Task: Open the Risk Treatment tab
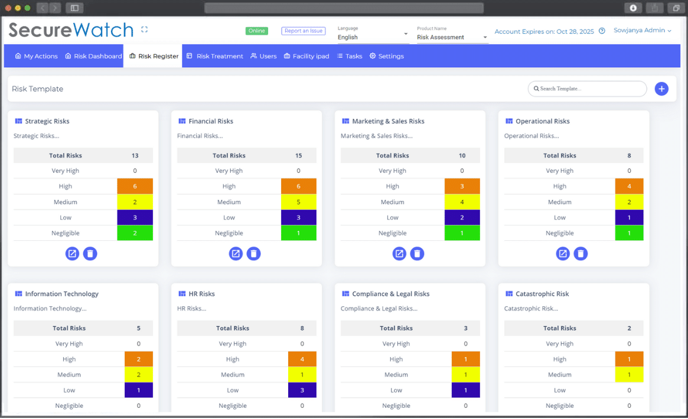215,56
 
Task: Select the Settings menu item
387,56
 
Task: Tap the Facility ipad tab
306,56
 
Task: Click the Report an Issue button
304,31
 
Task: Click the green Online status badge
257,31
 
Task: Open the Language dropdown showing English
373,37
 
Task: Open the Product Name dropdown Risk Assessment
452,37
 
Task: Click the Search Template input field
588,89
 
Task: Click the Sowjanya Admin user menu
643,30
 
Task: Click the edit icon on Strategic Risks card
72,254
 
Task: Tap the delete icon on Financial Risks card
253,254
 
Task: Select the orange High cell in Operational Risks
629,186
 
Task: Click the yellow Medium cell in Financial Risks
298,202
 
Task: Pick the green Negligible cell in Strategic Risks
135,233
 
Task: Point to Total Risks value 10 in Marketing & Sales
462,156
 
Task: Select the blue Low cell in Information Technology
139,390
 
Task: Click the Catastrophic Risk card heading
542,294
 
